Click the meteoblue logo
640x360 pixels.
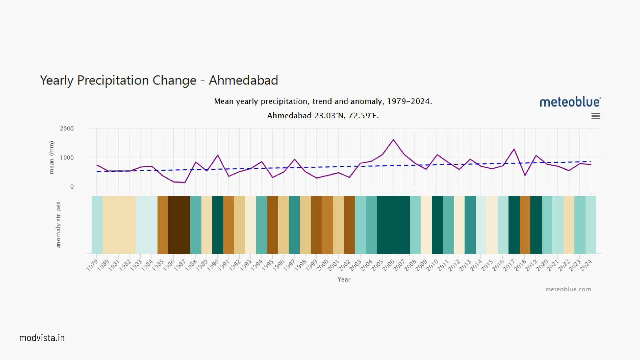point(570,102)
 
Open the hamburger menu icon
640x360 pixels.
point(595,116)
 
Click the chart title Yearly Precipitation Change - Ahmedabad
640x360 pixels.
point(159,80)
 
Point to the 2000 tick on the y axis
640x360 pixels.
point(67,129)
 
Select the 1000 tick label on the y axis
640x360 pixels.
point(67,158)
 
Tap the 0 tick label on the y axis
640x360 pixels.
point(72,187)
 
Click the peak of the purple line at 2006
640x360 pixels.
point(393,140)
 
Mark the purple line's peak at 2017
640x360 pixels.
point(514,149)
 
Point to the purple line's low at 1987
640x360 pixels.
point(184,182)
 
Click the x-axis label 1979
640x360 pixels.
point(92,265)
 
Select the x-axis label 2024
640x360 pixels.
point(586,265)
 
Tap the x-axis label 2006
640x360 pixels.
point(388,265)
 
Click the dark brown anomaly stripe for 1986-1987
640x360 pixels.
point(179,225)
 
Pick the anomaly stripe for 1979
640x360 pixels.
point(97,225)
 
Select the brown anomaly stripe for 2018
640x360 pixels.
point(525,225)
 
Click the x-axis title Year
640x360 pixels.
point(344,279)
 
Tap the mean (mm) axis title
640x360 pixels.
point(51,157)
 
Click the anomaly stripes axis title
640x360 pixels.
point(58,225)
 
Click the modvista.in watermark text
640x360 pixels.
point(42,338)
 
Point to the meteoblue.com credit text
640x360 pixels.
point(568,289)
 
